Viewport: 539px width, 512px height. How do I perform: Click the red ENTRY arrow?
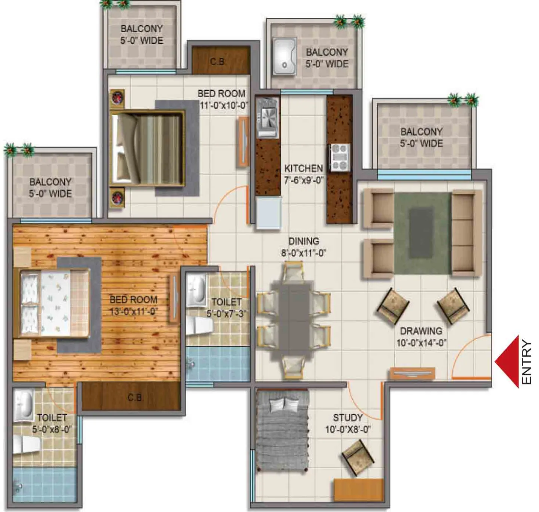point(508,362)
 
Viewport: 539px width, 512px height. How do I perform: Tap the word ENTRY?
point(526,362)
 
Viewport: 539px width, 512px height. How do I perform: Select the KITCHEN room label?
point(303,168)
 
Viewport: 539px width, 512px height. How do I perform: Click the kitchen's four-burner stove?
point(340,158)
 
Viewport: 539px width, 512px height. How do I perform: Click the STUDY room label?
point(347,418)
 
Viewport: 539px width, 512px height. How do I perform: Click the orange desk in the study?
point(359,488)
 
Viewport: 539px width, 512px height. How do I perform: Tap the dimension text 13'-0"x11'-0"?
point(133,311)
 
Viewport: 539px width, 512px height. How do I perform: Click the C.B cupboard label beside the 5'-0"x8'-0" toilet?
point(134,398)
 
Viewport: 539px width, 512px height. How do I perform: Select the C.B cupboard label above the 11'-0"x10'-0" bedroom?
point(217,62)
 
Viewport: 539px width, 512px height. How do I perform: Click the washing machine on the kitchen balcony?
point(284,56)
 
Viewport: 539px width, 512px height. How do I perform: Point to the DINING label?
point(303,241)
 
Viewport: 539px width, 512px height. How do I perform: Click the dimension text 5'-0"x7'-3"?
point(226,313)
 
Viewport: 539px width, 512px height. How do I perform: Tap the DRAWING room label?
point(421,331)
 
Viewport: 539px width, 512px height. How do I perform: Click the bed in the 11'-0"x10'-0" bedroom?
point(148,148)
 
